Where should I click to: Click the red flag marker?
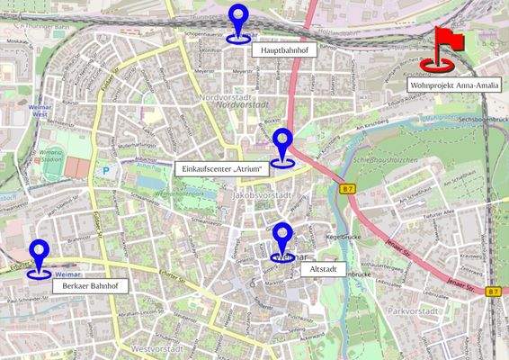tap(442, 49)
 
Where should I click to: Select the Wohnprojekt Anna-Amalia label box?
tap(453, 85)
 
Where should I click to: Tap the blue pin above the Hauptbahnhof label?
tap(238, 23)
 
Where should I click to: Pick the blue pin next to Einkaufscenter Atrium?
tap(283, 148)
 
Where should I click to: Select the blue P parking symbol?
tap(106, 169)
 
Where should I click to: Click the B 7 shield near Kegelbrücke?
tap(348, 189)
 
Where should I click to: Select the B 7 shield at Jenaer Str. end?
tap(492, 292)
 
